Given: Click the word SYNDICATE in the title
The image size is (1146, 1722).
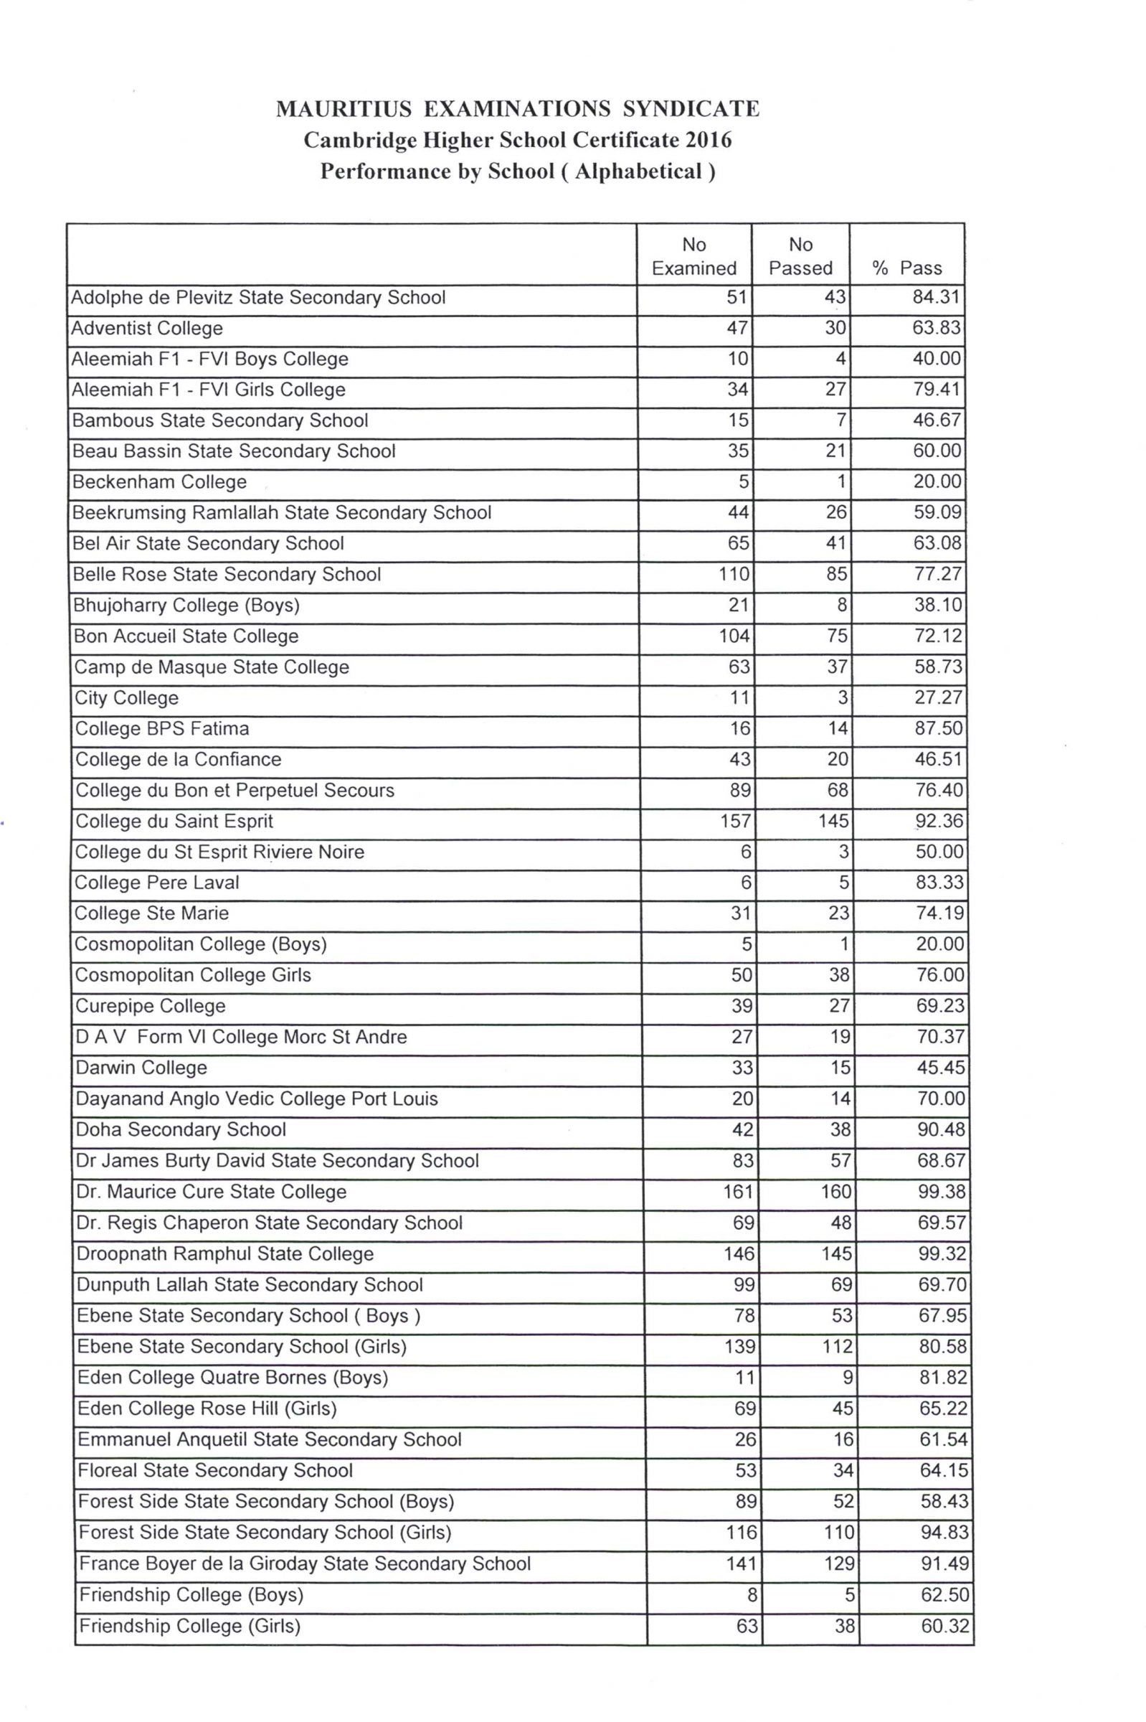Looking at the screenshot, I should point(691,109).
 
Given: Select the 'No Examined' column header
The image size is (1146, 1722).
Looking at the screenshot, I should point(693,256).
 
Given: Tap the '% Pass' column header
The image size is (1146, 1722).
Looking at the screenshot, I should point(907,268).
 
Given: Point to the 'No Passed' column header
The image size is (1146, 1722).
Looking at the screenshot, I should point(800,256).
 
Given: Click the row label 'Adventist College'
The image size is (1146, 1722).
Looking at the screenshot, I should point(147,329).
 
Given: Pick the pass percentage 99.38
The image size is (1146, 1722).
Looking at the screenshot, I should point(942,1192).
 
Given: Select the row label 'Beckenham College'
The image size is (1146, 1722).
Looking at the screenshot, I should point(159,482).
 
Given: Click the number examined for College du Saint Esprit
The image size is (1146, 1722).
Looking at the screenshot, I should point(735,821).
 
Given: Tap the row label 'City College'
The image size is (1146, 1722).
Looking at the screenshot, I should point(126,697).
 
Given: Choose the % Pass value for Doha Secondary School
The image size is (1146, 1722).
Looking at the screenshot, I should point(942,1130).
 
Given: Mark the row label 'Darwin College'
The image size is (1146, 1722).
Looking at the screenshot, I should point(142,1068).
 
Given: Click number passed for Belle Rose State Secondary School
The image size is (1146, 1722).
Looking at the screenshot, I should point(836,574).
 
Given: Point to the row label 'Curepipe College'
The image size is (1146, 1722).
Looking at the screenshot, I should point(151,1006).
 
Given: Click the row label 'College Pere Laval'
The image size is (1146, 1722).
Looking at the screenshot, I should point(157,883).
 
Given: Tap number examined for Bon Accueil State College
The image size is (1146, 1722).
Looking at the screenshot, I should point(734,636).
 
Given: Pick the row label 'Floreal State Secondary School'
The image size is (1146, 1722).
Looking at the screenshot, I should point(216,1470).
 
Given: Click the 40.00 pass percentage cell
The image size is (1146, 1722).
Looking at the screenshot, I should point(937,359).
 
